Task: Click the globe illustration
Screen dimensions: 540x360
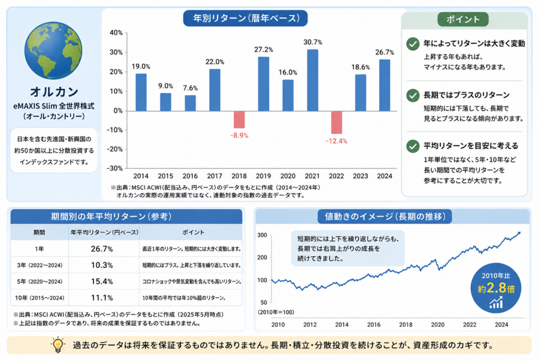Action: click(x=53, y=51)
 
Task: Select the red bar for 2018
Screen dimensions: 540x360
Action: click(x=239, y=120)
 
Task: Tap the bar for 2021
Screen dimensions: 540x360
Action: click(x=312, y=80)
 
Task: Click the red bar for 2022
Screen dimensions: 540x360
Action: click(x=336, y=122)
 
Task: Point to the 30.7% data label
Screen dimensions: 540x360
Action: click(x=313, y=42)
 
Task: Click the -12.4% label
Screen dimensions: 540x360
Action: click(x=336, y=141)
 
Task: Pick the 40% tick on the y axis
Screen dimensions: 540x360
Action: click(x=116, y=33)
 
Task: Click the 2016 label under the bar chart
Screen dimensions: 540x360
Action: click(x=190, y=176)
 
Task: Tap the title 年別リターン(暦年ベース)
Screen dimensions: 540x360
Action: click(x=245, y=18)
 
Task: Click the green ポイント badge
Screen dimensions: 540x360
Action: click(x=463, y=20)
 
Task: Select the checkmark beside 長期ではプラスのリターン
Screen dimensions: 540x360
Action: click(x=412, y=95)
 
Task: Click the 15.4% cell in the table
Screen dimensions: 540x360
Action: click(x=102, y=281)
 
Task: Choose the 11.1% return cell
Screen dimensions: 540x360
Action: click(x=102, y=298)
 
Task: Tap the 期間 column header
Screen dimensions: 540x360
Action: click(x=39, y=232)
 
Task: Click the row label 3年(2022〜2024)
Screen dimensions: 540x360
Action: click(x=40, y=265)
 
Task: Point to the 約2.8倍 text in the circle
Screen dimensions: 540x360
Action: click(x=496, y=288)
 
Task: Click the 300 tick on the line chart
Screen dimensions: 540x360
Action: click(x=262, y=235)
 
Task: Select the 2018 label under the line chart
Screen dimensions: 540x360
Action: click(x=406, y=325)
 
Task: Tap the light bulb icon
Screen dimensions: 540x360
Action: click(x=58, y=345)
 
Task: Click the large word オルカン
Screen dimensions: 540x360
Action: click(x=54, y=92)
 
